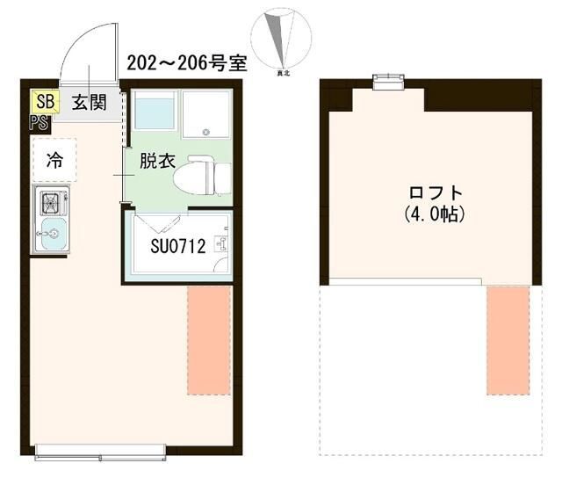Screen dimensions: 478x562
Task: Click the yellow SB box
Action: [45, 102]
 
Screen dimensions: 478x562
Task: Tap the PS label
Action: [40, 122]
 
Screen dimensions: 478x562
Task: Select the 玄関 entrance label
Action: [89, 102]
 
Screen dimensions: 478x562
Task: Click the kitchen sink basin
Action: [52, 235]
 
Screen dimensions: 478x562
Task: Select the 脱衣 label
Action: [158, 163]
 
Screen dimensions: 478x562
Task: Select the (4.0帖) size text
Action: [435, 214]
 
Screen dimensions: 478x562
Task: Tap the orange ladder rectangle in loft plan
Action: [508, 340]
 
